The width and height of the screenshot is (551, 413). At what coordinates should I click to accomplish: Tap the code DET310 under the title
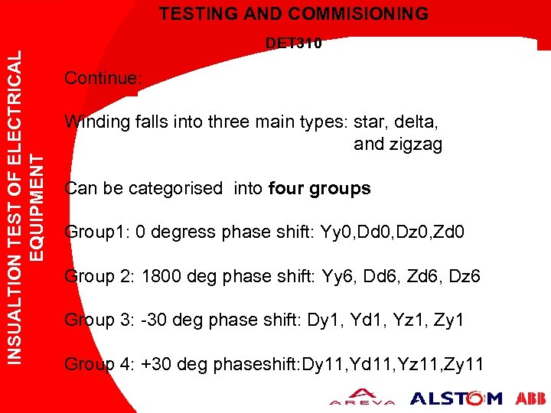[x=294, y=44]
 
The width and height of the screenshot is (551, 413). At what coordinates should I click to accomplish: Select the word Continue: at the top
[x=103, y=78]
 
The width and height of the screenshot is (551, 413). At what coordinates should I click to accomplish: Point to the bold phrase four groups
[x=320, y=188]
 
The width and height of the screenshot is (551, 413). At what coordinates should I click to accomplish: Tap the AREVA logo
[x=363, y=398]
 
